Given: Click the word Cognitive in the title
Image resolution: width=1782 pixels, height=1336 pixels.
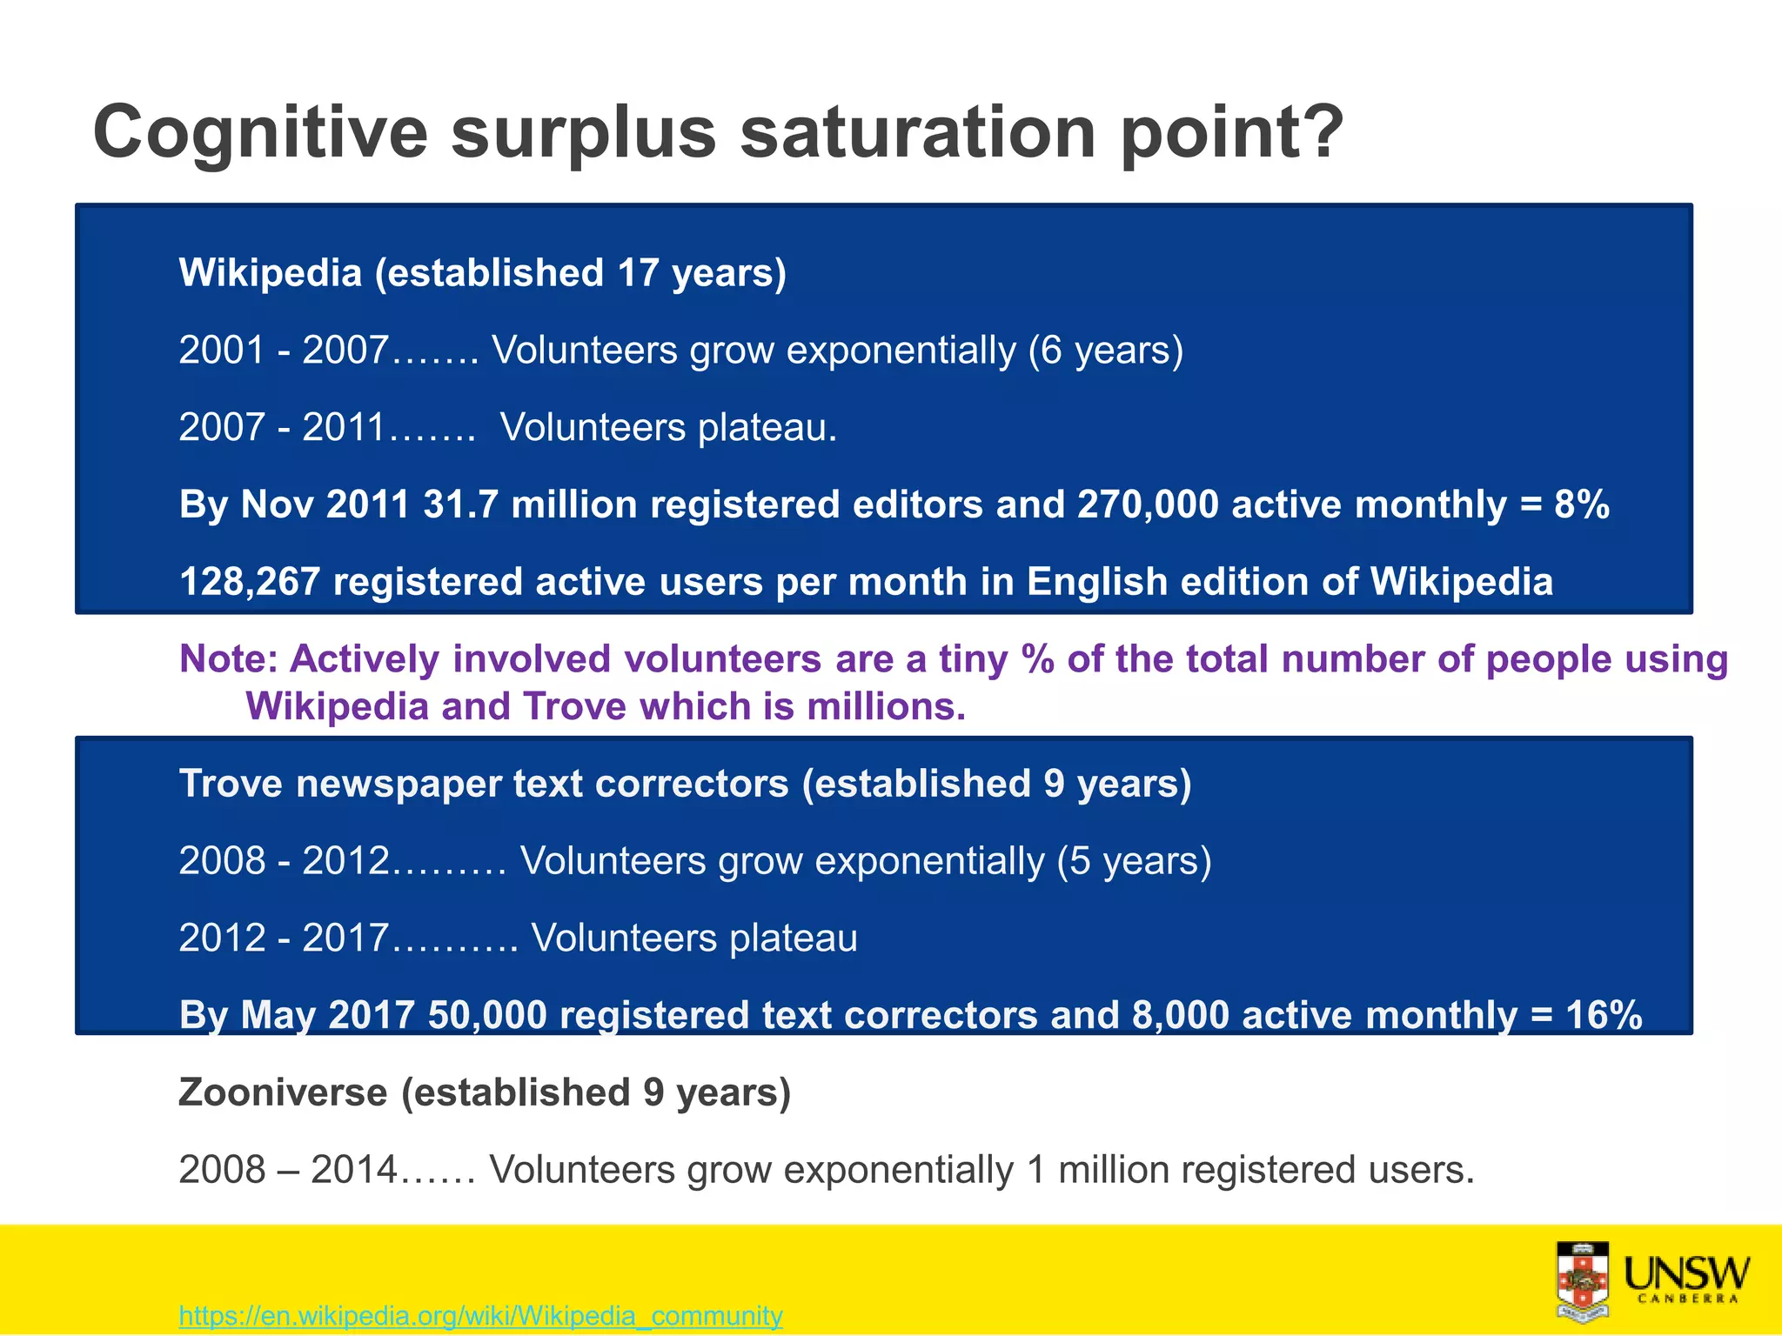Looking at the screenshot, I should point(260,132).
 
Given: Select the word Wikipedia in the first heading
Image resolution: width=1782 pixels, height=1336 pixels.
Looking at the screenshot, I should point(270,273).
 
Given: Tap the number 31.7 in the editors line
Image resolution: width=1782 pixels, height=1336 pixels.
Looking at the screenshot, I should point(460,504).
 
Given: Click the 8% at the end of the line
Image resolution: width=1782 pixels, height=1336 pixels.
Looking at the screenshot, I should point(1581,504).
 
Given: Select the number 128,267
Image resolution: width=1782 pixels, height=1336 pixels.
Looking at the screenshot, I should point(250,582).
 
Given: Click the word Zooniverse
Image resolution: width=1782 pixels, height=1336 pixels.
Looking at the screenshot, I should point(283,1092).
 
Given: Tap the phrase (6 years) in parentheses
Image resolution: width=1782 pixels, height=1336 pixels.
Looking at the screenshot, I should point(1105,351).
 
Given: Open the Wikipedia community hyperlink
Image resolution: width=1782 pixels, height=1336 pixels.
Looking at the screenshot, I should point(480,1315).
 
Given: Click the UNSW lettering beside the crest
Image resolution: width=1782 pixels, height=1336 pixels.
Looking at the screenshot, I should point(1686,1275).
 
